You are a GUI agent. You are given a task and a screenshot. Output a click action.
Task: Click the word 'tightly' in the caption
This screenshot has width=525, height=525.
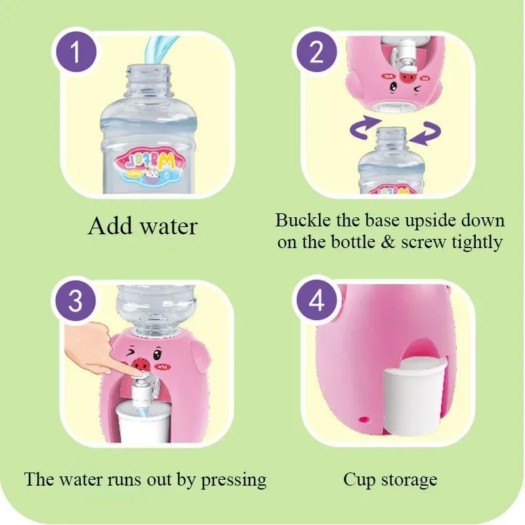(477, 242)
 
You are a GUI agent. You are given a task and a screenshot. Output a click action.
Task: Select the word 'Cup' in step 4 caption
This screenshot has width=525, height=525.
(358, 480)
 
